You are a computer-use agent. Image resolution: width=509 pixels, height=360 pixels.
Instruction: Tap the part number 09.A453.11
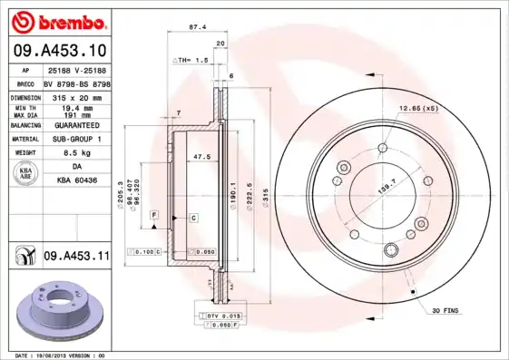(75, 258)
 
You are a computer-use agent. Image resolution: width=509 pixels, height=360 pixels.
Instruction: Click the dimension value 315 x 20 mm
(75, 96)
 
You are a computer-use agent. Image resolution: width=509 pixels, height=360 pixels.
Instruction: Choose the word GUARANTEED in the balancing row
(75, 125)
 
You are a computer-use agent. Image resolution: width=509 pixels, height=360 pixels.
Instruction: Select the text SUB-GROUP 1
(75, 140)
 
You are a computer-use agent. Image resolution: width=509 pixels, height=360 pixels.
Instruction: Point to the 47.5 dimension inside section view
(202, 157)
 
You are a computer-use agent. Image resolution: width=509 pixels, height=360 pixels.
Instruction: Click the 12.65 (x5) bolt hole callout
(417, 108)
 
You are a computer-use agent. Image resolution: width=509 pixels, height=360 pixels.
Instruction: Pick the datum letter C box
(193, 218)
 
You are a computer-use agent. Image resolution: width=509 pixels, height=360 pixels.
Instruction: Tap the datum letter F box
(155, 214)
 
